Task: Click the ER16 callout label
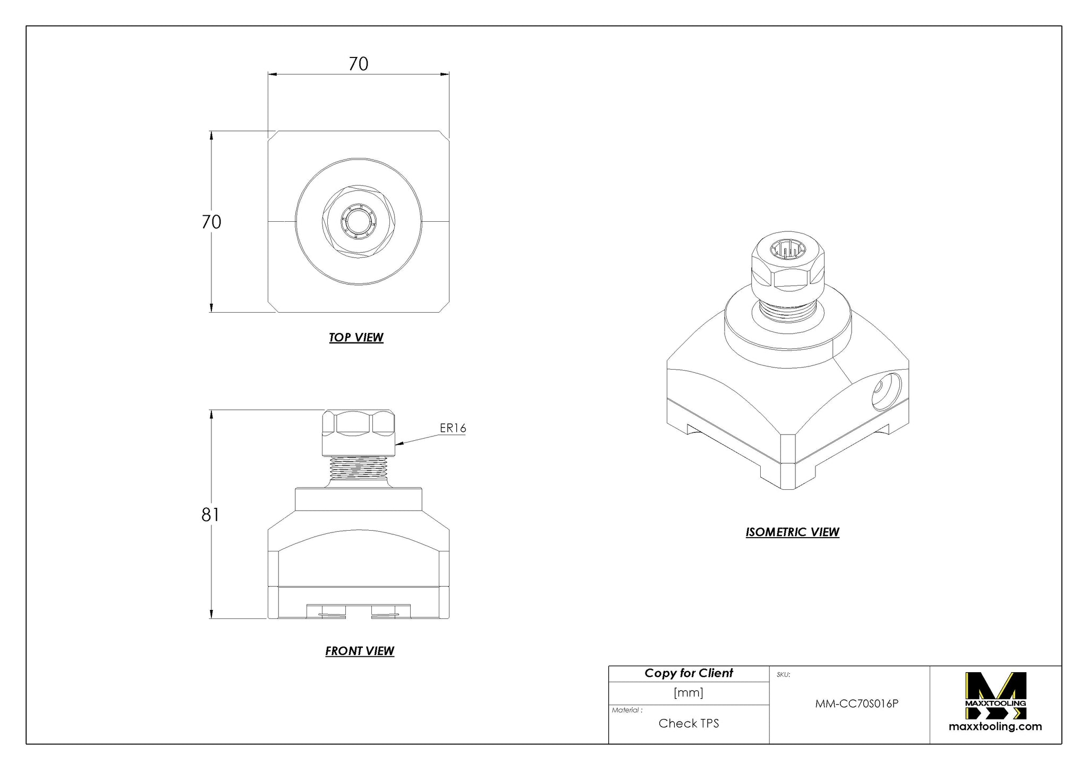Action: pyautogui.click(x=453, y=428)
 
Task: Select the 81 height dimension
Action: pyautogui.click(x=210, y=515)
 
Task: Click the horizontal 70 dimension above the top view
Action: pyautogui.click(x=358, y=64)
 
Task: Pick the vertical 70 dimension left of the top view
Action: pyautogui.click(x=211, y=222)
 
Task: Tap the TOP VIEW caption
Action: pyautogui.click(x=356, y=337)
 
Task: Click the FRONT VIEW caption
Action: pyautogui.click(x=360, y=651)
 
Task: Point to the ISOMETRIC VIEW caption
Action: pyautogui.click(x=792, y=532)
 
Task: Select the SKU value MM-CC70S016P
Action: pyautogui.click(x=856, y=704)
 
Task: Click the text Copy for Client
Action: pyautogui.click(x=688, y=673)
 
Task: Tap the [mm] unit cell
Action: pyautogui.click(x=688, y=692)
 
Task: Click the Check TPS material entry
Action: pyautogui.click(x=688, y=723)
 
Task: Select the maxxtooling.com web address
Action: pyautogui.click(x=995, y=726)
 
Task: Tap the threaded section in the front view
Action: pyautogui.click(x=358, y=468)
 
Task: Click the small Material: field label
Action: pyautogui.click(x=627, y=710)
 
